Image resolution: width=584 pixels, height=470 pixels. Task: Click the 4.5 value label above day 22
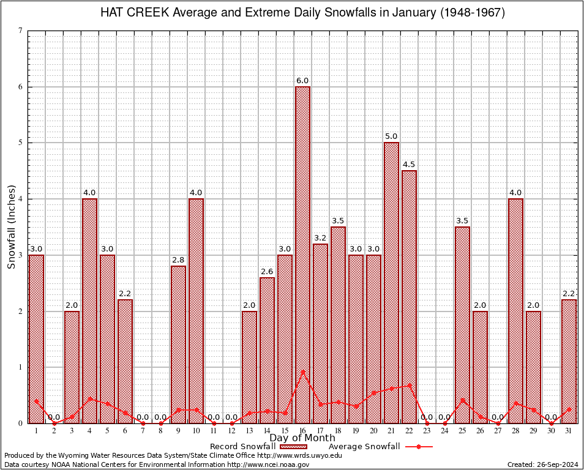[x=409, y=165]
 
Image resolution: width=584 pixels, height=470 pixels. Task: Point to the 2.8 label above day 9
[x=178, y=260]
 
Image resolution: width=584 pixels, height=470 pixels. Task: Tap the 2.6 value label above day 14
[x=267, y=271]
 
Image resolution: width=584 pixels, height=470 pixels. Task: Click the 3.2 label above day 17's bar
[x=320, y=237]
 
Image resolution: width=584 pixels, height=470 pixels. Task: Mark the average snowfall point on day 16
[x=302, y=371]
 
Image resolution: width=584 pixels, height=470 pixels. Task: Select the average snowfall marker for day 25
[x=462, y=400]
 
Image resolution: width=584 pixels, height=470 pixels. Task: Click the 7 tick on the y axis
[x=21, y=31]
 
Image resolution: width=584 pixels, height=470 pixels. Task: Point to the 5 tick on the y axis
[x=21, y=143]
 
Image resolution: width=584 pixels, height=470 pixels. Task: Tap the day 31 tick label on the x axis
[x=569, y=431]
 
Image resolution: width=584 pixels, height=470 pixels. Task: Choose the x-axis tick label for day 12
[x=231, y=431]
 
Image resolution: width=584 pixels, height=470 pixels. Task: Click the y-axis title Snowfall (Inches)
[x=11, y=226]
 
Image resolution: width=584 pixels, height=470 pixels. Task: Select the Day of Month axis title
[x=302, y=438]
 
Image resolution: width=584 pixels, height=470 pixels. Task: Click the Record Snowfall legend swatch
[x=293, y=447]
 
